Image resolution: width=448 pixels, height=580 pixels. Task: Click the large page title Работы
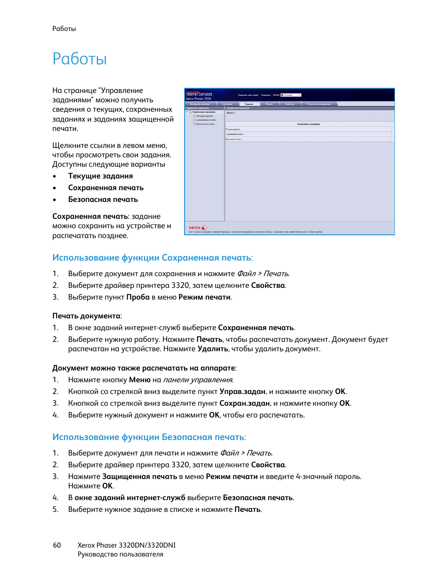(x=79, y=59)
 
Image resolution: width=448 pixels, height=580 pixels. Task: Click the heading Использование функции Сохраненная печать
(x=152, y=258)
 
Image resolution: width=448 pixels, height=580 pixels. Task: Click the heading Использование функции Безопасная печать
(x=149, y=437)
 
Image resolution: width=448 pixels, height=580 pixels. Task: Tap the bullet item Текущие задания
(x=100, y=176)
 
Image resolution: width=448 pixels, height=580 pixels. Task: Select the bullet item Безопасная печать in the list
(x=103, y=200)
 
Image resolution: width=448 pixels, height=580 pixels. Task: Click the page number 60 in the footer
(x=57, y=545)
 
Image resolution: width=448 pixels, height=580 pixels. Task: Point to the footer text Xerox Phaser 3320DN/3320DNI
(x=126, y=545)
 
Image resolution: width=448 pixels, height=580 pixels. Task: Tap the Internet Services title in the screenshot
(x=199, y=94)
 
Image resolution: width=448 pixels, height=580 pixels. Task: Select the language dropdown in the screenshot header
(x=291, y=95)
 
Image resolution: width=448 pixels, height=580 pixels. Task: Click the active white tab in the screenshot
(x=249, y=104)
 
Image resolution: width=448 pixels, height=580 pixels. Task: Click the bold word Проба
(x=138, y=297)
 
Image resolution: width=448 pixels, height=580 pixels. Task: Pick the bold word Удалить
(x=213, y=349)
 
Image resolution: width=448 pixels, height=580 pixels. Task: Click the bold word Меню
(x=139, y=380)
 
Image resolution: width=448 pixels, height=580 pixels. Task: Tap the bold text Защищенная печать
(x=139, y=477)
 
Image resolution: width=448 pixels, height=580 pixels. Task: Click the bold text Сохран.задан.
(x=245, y=403)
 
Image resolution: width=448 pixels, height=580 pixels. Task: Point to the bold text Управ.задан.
(x=243, y=392)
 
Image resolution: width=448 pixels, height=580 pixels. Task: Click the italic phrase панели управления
(x=198, y=380)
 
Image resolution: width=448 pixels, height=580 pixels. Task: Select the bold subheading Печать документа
(x=86, y=316)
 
